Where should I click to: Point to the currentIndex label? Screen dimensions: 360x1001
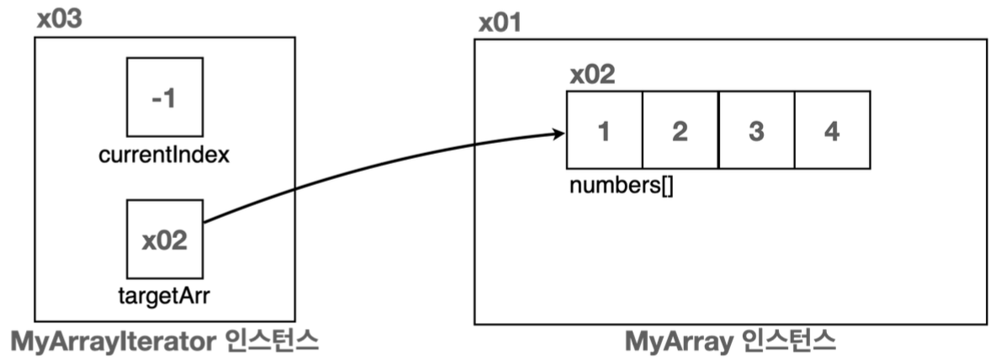pyautogui.click(x=164, y=156)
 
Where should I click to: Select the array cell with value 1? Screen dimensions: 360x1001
pyautogui.click(x=604, y=130)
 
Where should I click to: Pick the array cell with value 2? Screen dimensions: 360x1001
pyautogui.click(x=680, y=130)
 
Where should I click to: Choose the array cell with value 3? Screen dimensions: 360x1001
pyautogui.click(x=755, y=130)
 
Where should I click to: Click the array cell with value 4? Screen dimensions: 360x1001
pyautogui.click(x=831, y=130)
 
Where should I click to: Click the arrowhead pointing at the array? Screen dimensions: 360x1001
pyautogui.click(x=559, y=133)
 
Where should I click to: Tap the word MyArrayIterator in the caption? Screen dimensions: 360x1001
pyautogui.click(x=114, y=341)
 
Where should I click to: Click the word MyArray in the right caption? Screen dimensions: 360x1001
pyautogui.click(x=679, y=341)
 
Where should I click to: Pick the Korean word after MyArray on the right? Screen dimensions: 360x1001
pyautogui.click(x=787, y=341)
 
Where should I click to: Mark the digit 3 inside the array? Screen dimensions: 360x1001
pyautogui.click(x=755, y=132)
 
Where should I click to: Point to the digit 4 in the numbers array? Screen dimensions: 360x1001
pyautogui.click(x=831, y=132)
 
